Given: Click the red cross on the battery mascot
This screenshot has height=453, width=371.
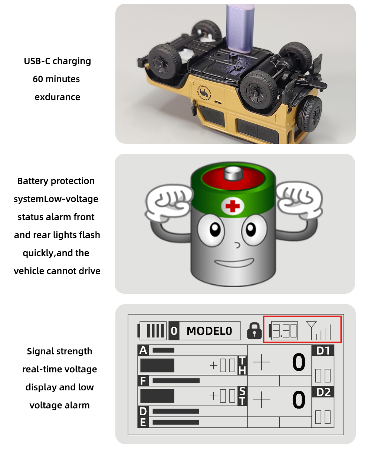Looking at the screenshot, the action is (232, 206).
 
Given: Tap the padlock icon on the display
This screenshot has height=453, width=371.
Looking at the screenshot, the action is (254, 331).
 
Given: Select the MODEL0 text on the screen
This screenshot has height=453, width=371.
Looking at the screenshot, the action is (209, 331).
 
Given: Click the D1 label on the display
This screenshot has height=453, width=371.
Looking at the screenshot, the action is (323, 350).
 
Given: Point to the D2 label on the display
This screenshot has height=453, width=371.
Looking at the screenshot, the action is (323, 392).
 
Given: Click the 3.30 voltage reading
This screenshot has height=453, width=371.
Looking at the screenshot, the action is (285, 331).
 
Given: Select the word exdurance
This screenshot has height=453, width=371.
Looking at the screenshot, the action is (57, 97).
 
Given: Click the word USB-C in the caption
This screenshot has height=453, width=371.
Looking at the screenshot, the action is (37, 61).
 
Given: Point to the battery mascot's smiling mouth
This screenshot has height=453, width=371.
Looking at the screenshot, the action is (234, 263).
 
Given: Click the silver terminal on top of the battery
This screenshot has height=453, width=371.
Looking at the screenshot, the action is (233, 174).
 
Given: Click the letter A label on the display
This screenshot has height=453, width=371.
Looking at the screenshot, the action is (143, 350).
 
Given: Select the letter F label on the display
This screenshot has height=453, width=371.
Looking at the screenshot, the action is (143, 381).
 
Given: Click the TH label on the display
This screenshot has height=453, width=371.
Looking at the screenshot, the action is (242, 365).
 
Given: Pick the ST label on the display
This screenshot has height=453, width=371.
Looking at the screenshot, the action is (242, 396).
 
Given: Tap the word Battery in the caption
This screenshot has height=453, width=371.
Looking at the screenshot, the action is (33, 181).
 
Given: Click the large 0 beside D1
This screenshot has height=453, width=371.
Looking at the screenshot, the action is (299, 362).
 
